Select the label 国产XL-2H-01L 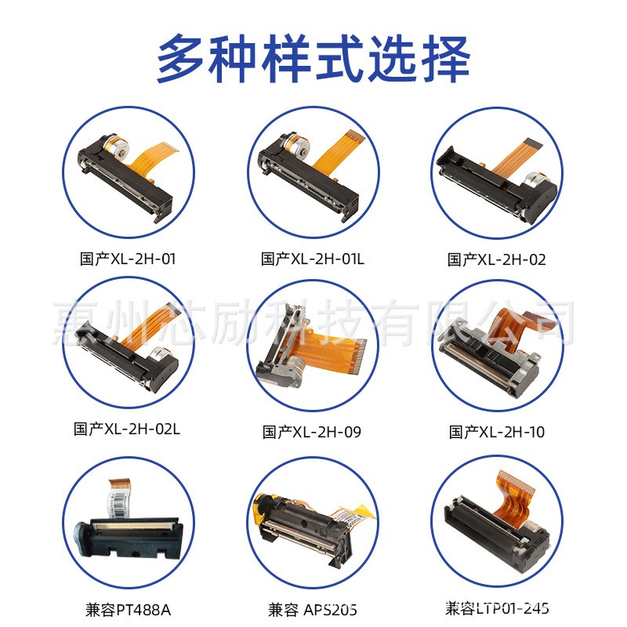[x=313, y=259]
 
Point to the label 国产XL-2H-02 [x=497, y=259]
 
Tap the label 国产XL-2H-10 [x=497, y=431]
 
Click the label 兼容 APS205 [x=313, y=608]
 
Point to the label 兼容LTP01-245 [x=497, y=607]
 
